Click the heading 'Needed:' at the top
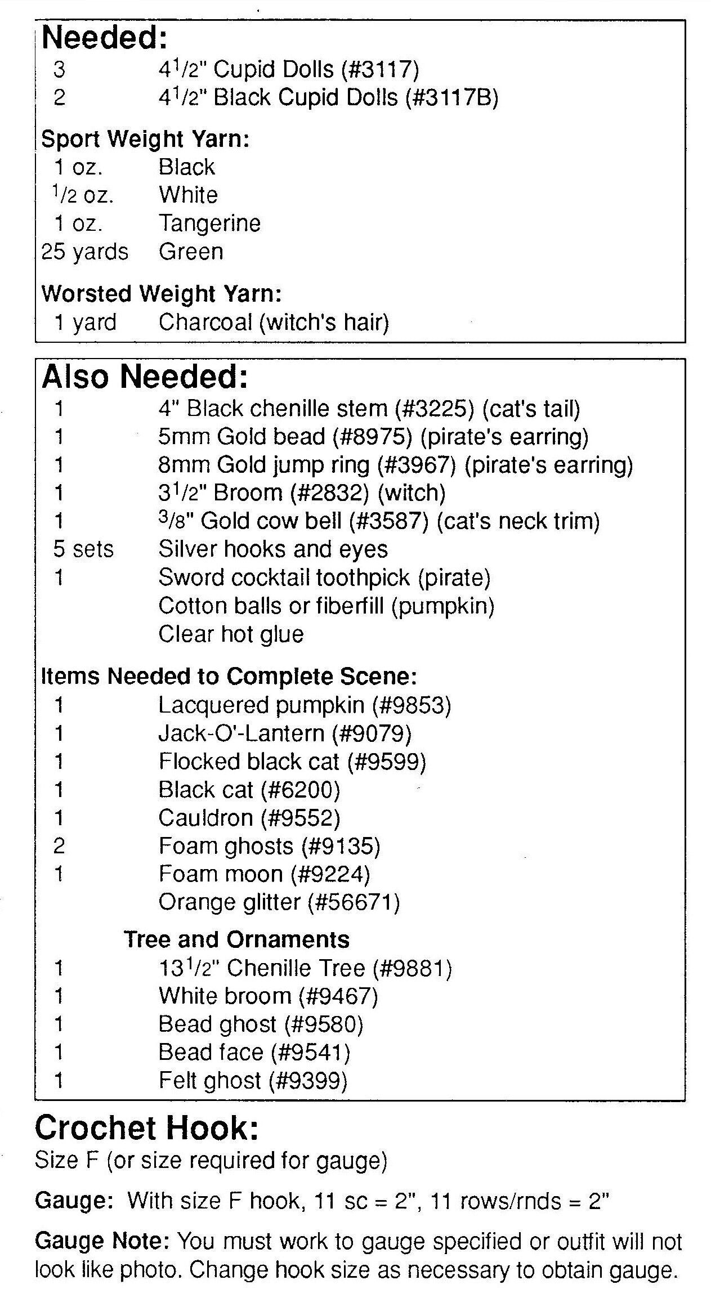[105, 38]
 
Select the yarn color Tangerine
[209, 223]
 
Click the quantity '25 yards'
[84, 252]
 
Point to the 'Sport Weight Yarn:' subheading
[145, 140]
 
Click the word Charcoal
[205, 323]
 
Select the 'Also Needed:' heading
[145, 377]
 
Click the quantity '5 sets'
[83, 549]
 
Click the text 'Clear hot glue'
[231, 634]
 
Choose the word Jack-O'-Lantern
[242, 733]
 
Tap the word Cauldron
[205, 818]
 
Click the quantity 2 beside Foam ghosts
[59, 846]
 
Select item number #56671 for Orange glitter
[353, 902]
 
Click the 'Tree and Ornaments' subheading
[236, 939]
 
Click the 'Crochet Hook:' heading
[146, 1128]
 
